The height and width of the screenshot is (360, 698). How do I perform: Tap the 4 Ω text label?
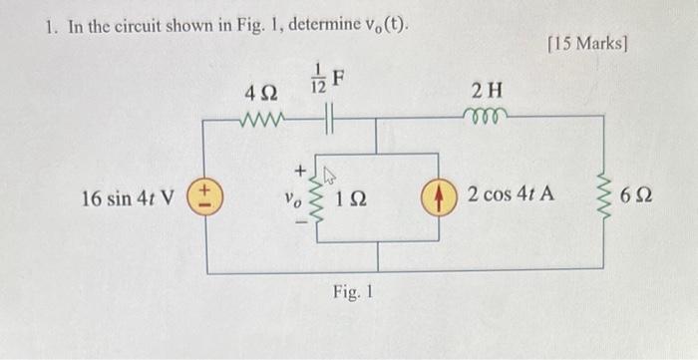(x=260, y=92)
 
